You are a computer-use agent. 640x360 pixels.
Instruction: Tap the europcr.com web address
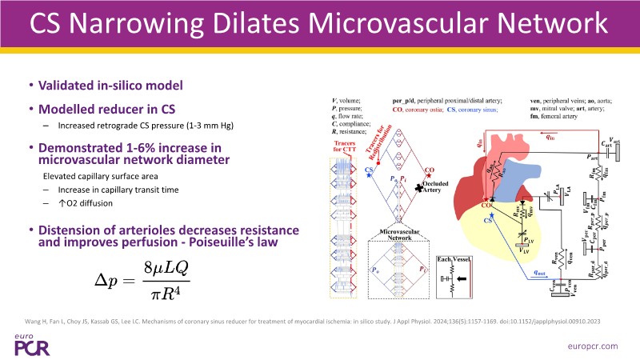[592, 344]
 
